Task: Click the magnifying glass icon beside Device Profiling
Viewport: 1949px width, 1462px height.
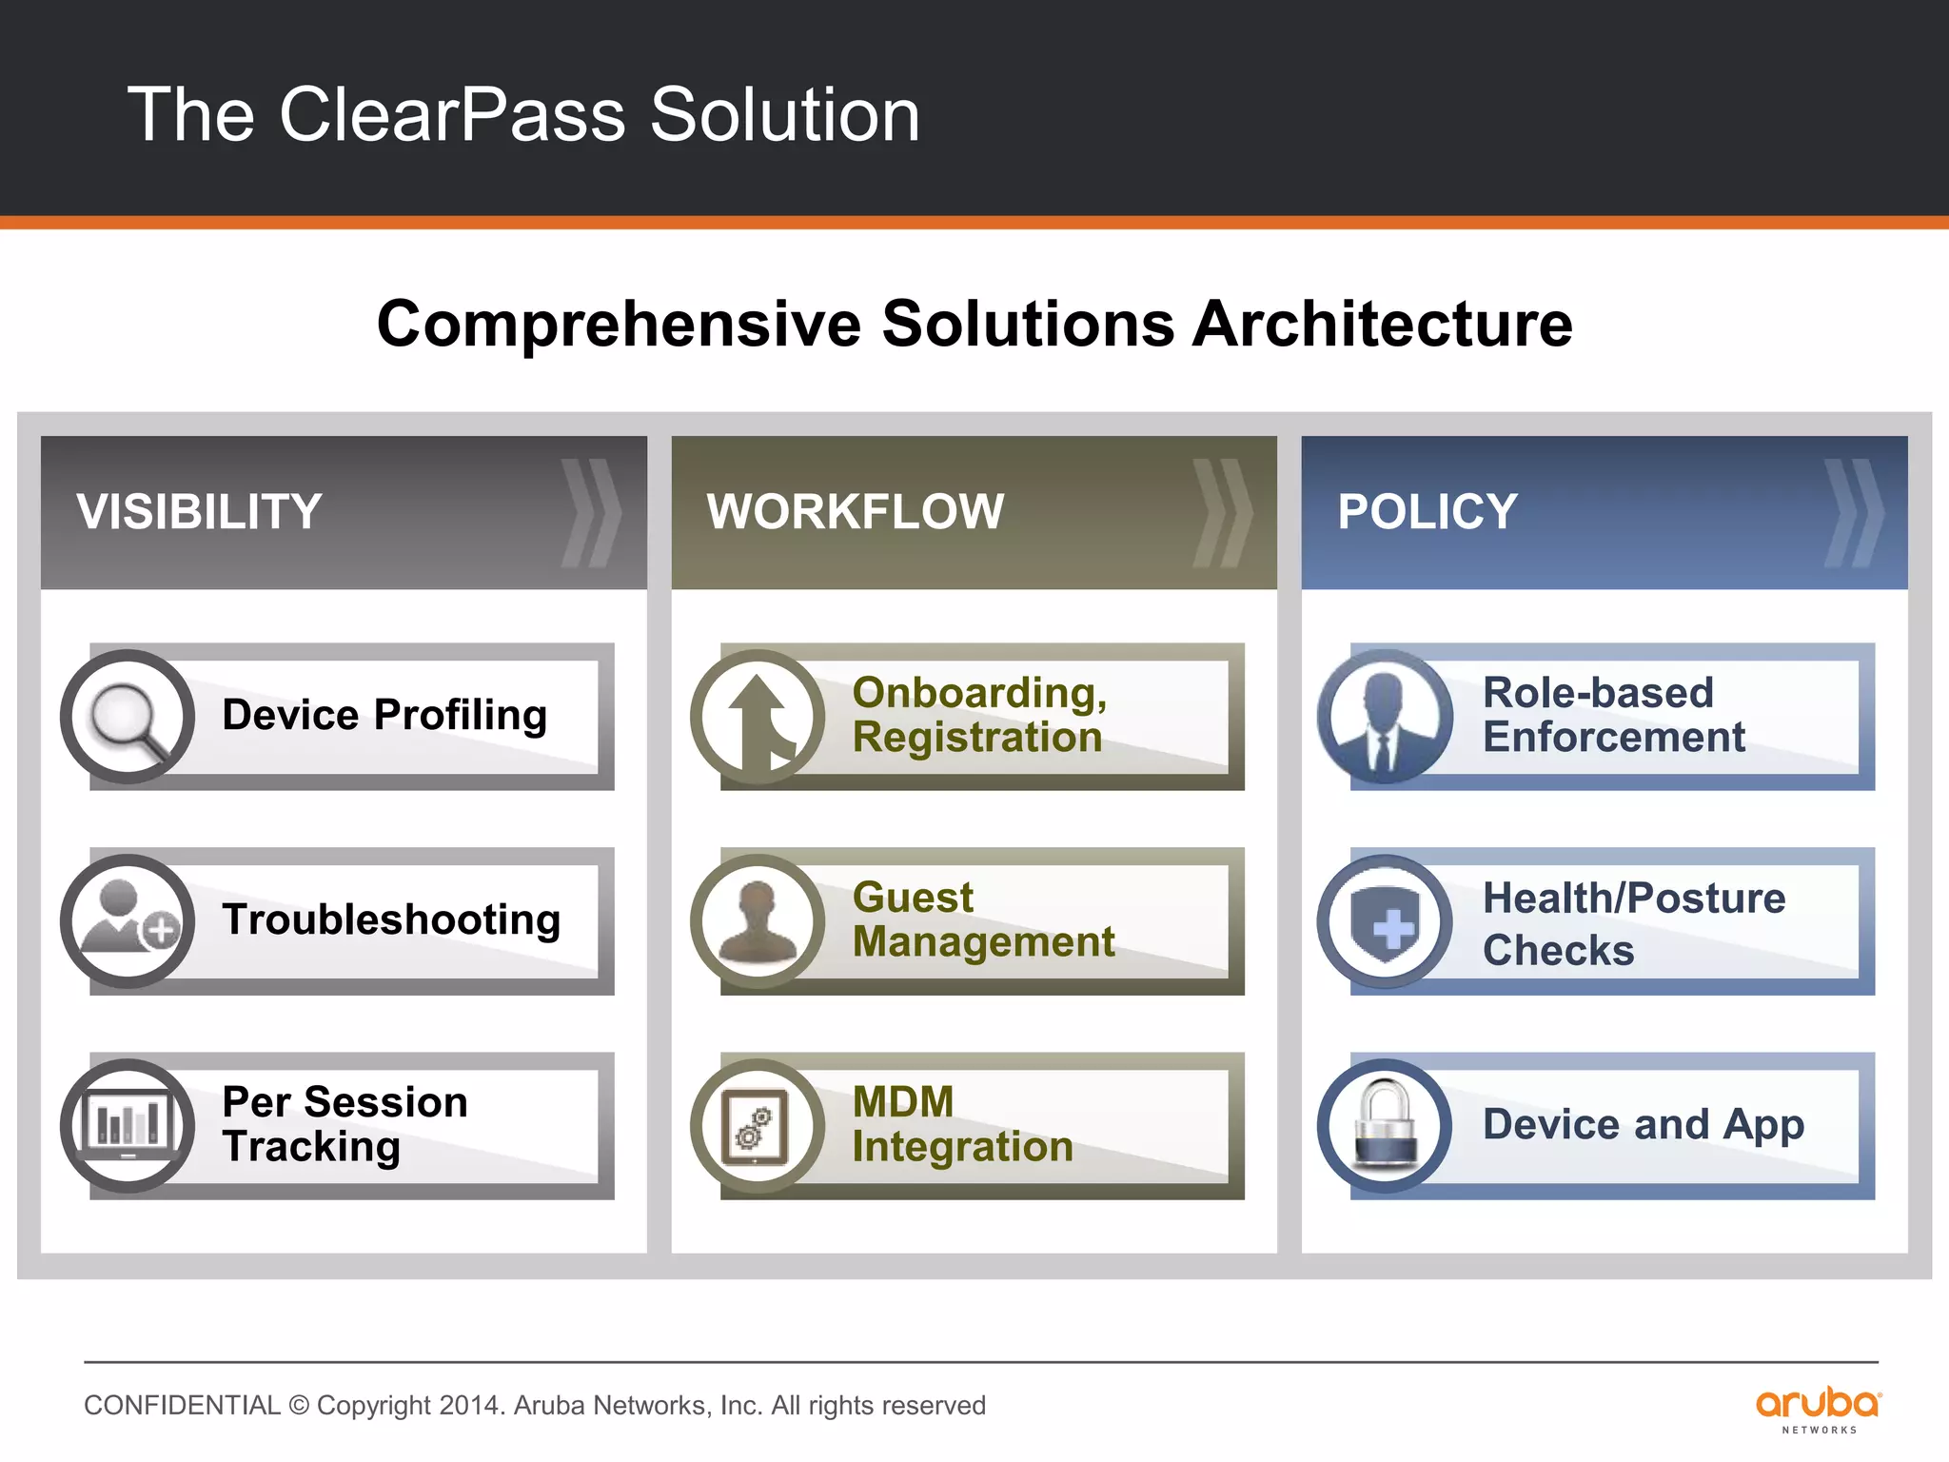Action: [x=127, y=717]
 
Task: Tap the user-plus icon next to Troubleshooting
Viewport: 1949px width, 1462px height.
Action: [x=127, y=920]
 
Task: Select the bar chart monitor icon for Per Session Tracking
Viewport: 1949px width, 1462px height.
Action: [x=127, y=1125]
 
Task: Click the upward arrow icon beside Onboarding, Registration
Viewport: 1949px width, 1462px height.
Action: [x=758, y=717]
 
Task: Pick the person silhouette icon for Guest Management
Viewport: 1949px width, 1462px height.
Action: [x=758, y=920]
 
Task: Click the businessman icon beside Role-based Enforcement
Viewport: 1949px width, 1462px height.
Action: [x=1385, y=717]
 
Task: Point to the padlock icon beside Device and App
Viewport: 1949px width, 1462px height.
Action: [x=1385, y=1125]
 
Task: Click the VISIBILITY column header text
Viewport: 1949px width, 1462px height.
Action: [x=199, y=512]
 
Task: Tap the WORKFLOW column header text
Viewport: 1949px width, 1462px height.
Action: [x=855, y=512]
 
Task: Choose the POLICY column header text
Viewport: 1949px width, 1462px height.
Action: [x=1427, y=512]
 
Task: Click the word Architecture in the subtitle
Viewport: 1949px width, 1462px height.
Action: [x=1382, y=325]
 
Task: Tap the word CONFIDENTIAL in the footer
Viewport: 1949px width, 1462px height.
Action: [x=182, y=1405]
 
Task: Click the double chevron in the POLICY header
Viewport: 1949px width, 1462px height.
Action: [x=1853, y=513]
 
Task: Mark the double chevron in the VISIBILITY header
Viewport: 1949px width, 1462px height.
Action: [x=590, y=513]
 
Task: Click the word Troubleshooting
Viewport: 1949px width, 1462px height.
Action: [x=391, y=919]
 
